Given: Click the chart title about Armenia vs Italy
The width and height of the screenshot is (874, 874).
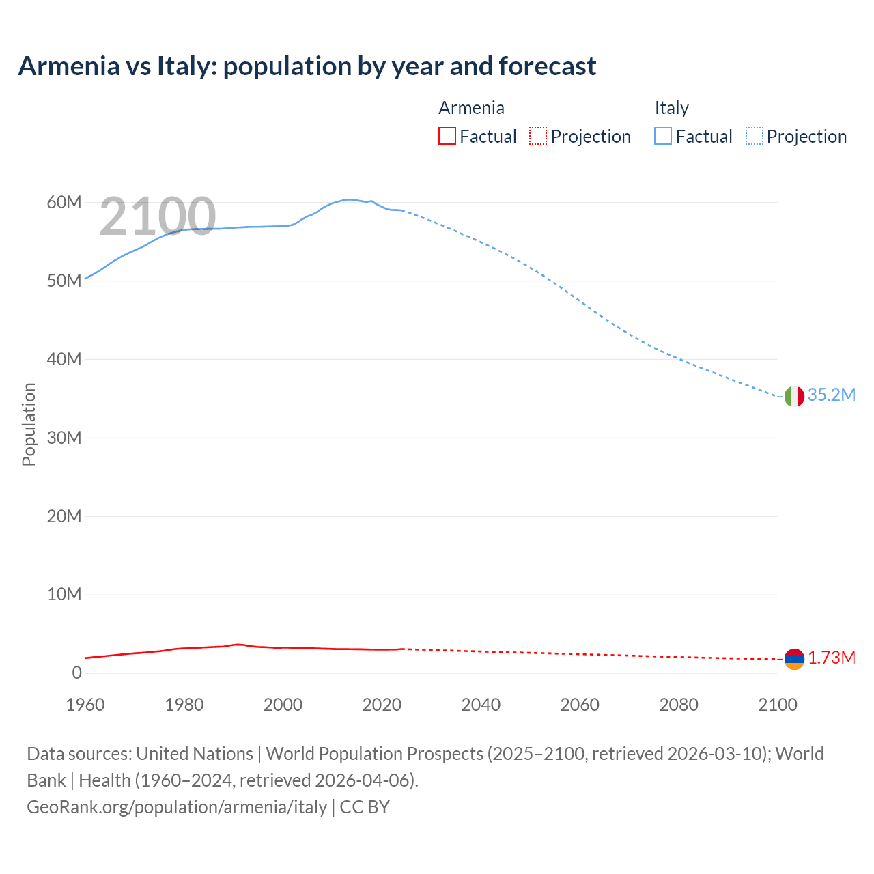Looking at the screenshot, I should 307,66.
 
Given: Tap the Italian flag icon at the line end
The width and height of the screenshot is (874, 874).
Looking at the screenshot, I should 794,396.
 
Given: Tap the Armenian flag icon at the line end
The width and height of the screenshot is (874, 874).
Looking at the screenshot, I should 794,659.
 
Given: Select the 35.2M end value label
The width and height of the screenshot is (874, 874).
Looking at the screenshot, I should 831,395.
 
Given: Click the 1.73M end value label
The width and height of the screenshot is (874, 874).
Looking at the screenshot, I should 832,658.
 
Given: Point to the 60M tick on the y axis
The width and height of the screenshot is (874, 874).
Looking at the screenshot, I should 64,203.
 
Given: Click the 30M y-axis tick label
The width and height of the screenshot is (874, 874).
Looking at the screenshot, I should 64,438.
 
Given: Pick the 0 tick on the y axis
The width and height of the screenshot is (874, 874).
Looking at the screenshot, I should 76,673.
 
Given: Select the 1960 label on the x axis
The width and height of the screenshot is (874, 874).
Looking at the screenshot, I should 85,705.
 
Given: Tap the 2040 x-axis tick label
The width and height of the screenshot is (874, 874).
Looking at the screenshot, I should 481,705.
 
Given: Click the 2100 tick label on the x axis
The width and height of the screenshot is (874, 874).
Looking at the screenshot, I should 777,705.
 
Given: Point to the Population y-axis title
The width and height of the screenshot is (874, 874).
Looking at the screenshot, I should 29,424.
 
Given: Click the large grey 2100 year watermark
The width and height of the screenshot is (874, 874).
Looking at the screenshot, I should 158,216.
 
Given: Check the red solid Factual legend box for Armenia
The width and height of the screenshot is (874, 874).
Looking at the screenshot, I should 447,137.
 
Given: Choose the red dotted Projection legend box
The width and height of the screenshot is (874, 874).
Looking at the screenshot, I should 538,137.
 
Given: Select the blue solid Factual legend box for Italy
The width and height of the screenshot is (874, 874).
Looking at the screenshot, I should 663,137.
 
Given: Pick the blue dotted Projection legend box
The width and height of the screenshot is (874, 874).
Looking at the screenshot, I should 755,137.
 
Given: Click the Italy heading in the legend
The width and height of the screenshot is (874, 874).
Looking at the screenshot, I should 671,108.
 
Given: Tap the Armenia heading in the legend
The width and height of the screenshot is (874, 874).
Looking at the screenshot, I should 471,108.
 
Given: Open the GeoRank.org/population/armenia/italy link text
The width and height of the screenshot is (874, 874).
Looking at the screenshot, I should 177,807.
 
